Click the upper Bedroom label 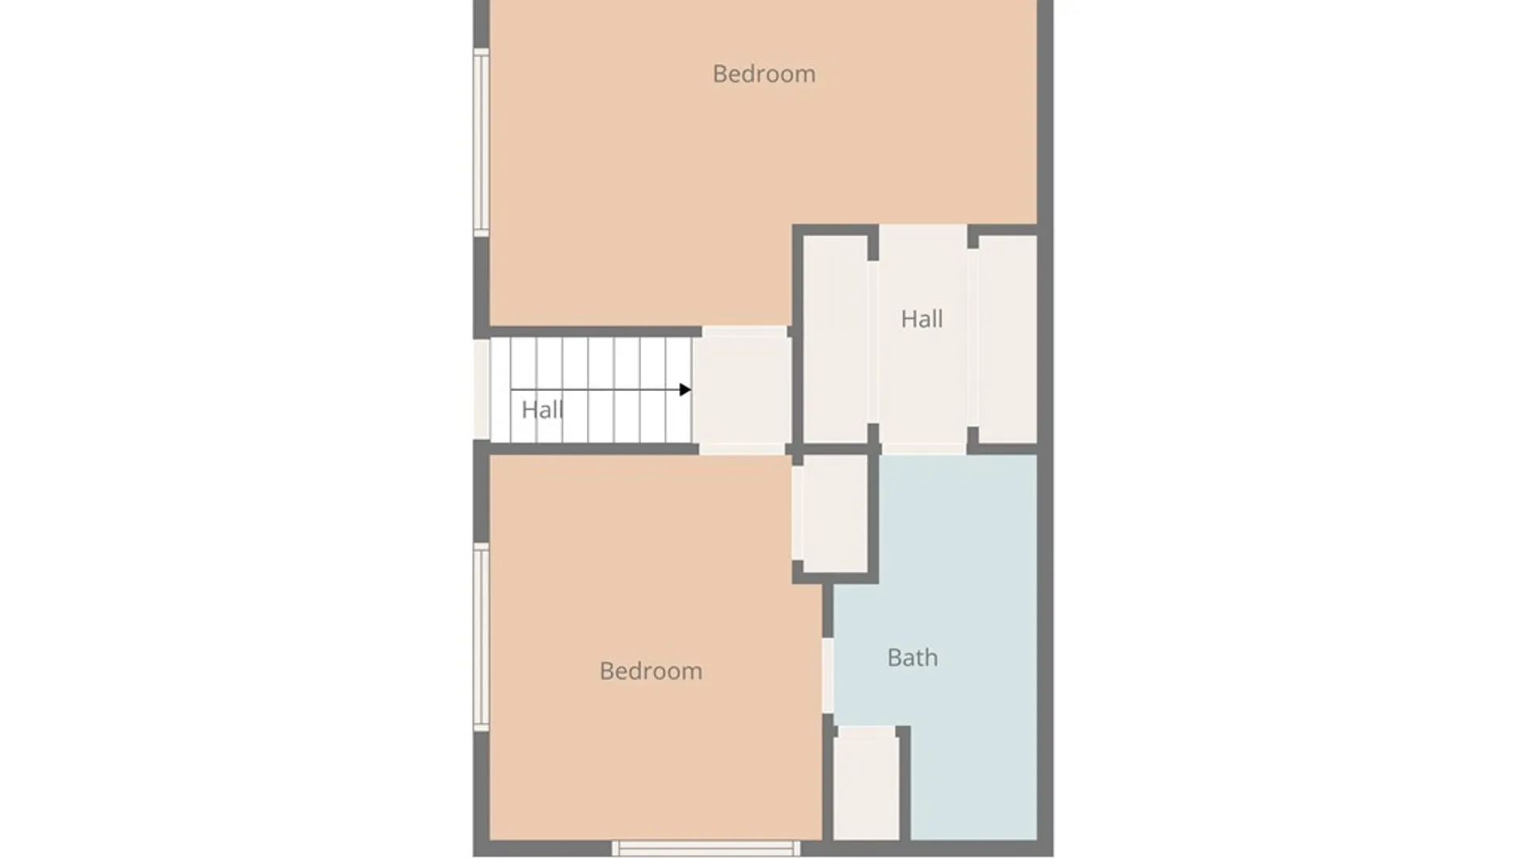tap(763, 74)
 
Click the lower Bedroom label tap(651, 671)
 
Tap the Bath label tap(913, 658)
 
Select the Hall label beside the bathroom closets tap(921, 319)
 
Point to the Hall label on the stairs tap(542, 410)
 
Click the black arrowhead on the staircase tap(685, 389)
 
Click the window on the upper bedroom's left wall tap(481, 142)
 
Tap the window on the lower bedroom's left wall tap(481, 637)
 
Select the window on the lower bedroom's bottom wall tap(706, 848)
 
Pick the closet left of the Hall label tap(836, 339)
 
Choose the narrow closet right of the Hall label tap(1007, 339)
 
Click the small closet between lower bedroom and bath tap(835, 513)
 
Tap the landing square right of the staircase tap(742, 390)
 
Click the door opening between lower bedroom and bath tap(828, 675)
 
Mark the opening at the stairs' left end tap(481, 390)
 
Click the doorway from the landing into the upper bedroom tap(744, 331)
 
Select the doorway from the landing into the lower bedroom tap(742, 449)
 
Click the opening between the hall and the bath tap(923, 449)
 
